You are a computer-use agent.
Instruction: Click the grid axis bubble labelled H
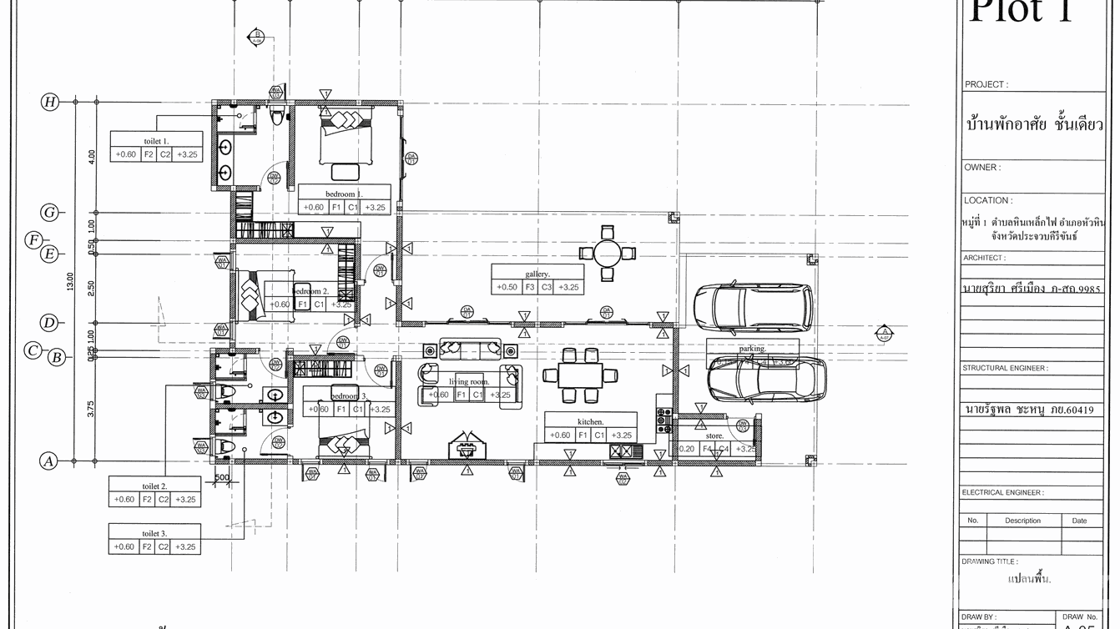[50, 102]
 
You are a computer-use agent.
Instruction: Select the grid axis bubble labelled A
[49, 460]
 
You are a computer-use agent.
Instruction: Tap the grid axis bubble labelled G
[50, 213]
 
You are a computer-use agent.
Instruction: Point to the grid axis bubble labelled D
[50, 323]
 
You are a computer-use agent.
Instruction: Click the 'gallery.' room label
[537, 274]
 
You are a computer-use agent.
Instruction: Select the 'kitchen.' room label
[590, 422]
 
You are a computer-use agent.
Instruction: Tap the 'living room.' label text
[469, 382]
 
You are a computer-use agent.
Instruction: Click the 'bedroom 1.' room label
[344, 194]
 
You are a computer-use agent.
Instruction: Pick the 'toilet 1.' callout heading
[156, 141]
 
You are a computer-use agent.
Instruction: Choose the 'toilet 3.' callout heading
[154, 533]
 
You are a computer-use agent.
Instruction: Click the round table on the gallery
[608, 252]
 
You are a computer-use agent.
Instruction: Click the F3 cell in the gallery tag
[530, 288]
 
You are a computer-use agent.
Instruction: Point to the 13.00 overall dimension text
[70, 282]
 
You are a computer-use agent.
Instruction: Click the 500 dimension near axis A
[222, 478]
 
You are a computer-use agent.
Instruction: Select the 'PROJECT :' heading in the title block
[986, 85]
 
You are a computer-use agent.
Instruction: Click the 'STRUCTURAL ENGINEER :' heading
[1005, 368]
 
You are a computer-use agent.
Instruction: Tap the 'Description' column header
[1022, 521]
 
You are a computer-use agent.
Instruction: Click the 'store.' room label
[714, 435]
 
